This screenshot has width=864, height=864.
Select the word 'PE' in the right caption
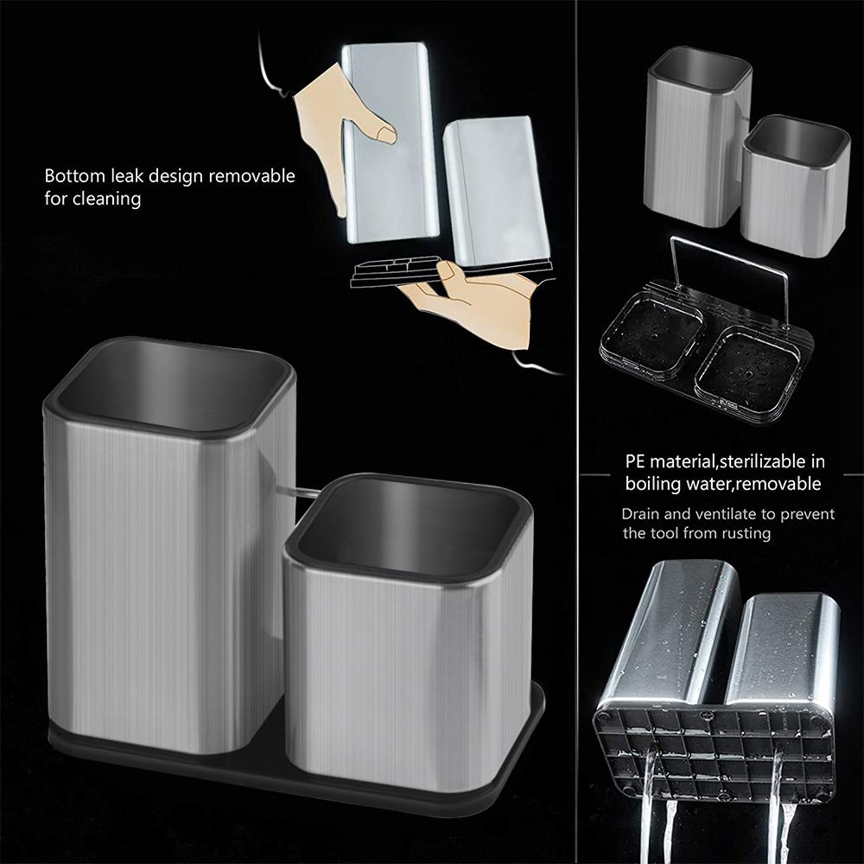[637, 461]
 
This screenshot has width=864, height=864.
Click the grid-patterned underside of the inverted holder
[708, 743]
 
